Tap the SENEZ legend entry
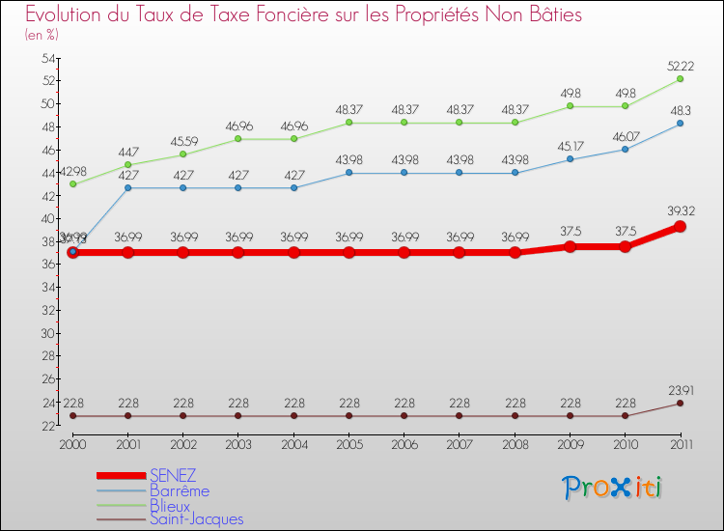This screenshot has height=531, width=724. tap(173, 475)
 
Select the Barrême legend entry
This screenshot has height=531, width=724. tap(179, 490)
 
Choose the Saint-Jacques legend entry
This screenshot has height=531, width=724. tap(196, 519)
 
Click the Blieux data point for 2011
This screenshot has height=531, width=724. tap(680, 78)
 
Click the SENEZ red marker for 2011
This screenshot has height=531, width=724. tap(680, 226)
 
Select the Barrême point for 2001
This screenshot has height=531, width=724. tap(128, 187)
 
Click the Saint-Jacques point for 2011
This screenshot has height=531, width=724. tap(680, 403)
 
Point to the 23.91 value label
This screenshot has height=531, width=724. tap(680, 389)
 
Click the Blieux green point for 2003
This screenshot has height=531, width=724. tap(238, 139)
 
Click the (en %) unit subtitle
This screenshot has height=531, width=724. tap(42, 35)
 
